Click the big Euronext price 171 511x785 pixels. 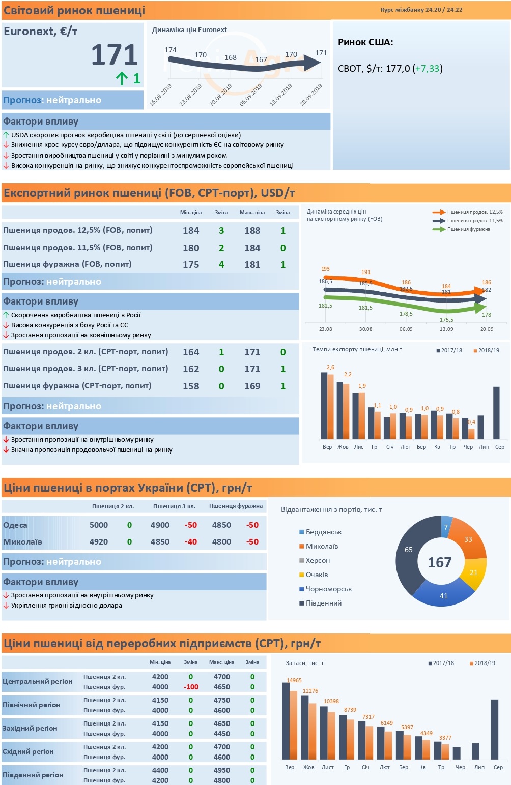(115, 55)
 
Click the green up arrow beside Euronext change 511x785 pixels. (122, 78)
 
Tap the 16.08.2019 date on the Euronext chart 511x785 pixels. (160, 95)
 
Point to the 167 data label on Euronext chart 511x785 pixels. (261, 59)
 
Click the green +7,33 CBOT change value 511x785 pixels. (427, 68)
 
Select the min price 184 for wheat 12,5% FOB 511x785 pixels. (191, 231)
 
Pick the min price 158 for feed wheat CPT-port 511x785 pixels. (191, 386)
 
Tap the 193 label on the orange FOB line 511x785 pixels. (325, 269)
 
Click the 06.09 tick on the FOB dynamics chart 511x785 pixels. (406, 329)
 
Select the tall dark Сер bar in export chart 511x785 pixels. (496, 413)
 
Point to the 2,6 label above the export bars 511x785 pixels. (330, 367)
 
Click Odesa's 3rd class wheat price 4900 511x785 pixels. (160, 525)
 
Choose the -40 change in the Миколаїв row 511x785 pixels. (190, 542)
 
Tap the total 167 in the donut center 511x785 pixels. (440, 562)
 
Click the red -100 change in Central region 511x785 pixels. (191, 687)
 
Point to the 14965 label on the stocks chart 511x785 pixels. (294, 680)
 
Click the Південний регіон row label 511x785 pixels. (33, 775)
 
